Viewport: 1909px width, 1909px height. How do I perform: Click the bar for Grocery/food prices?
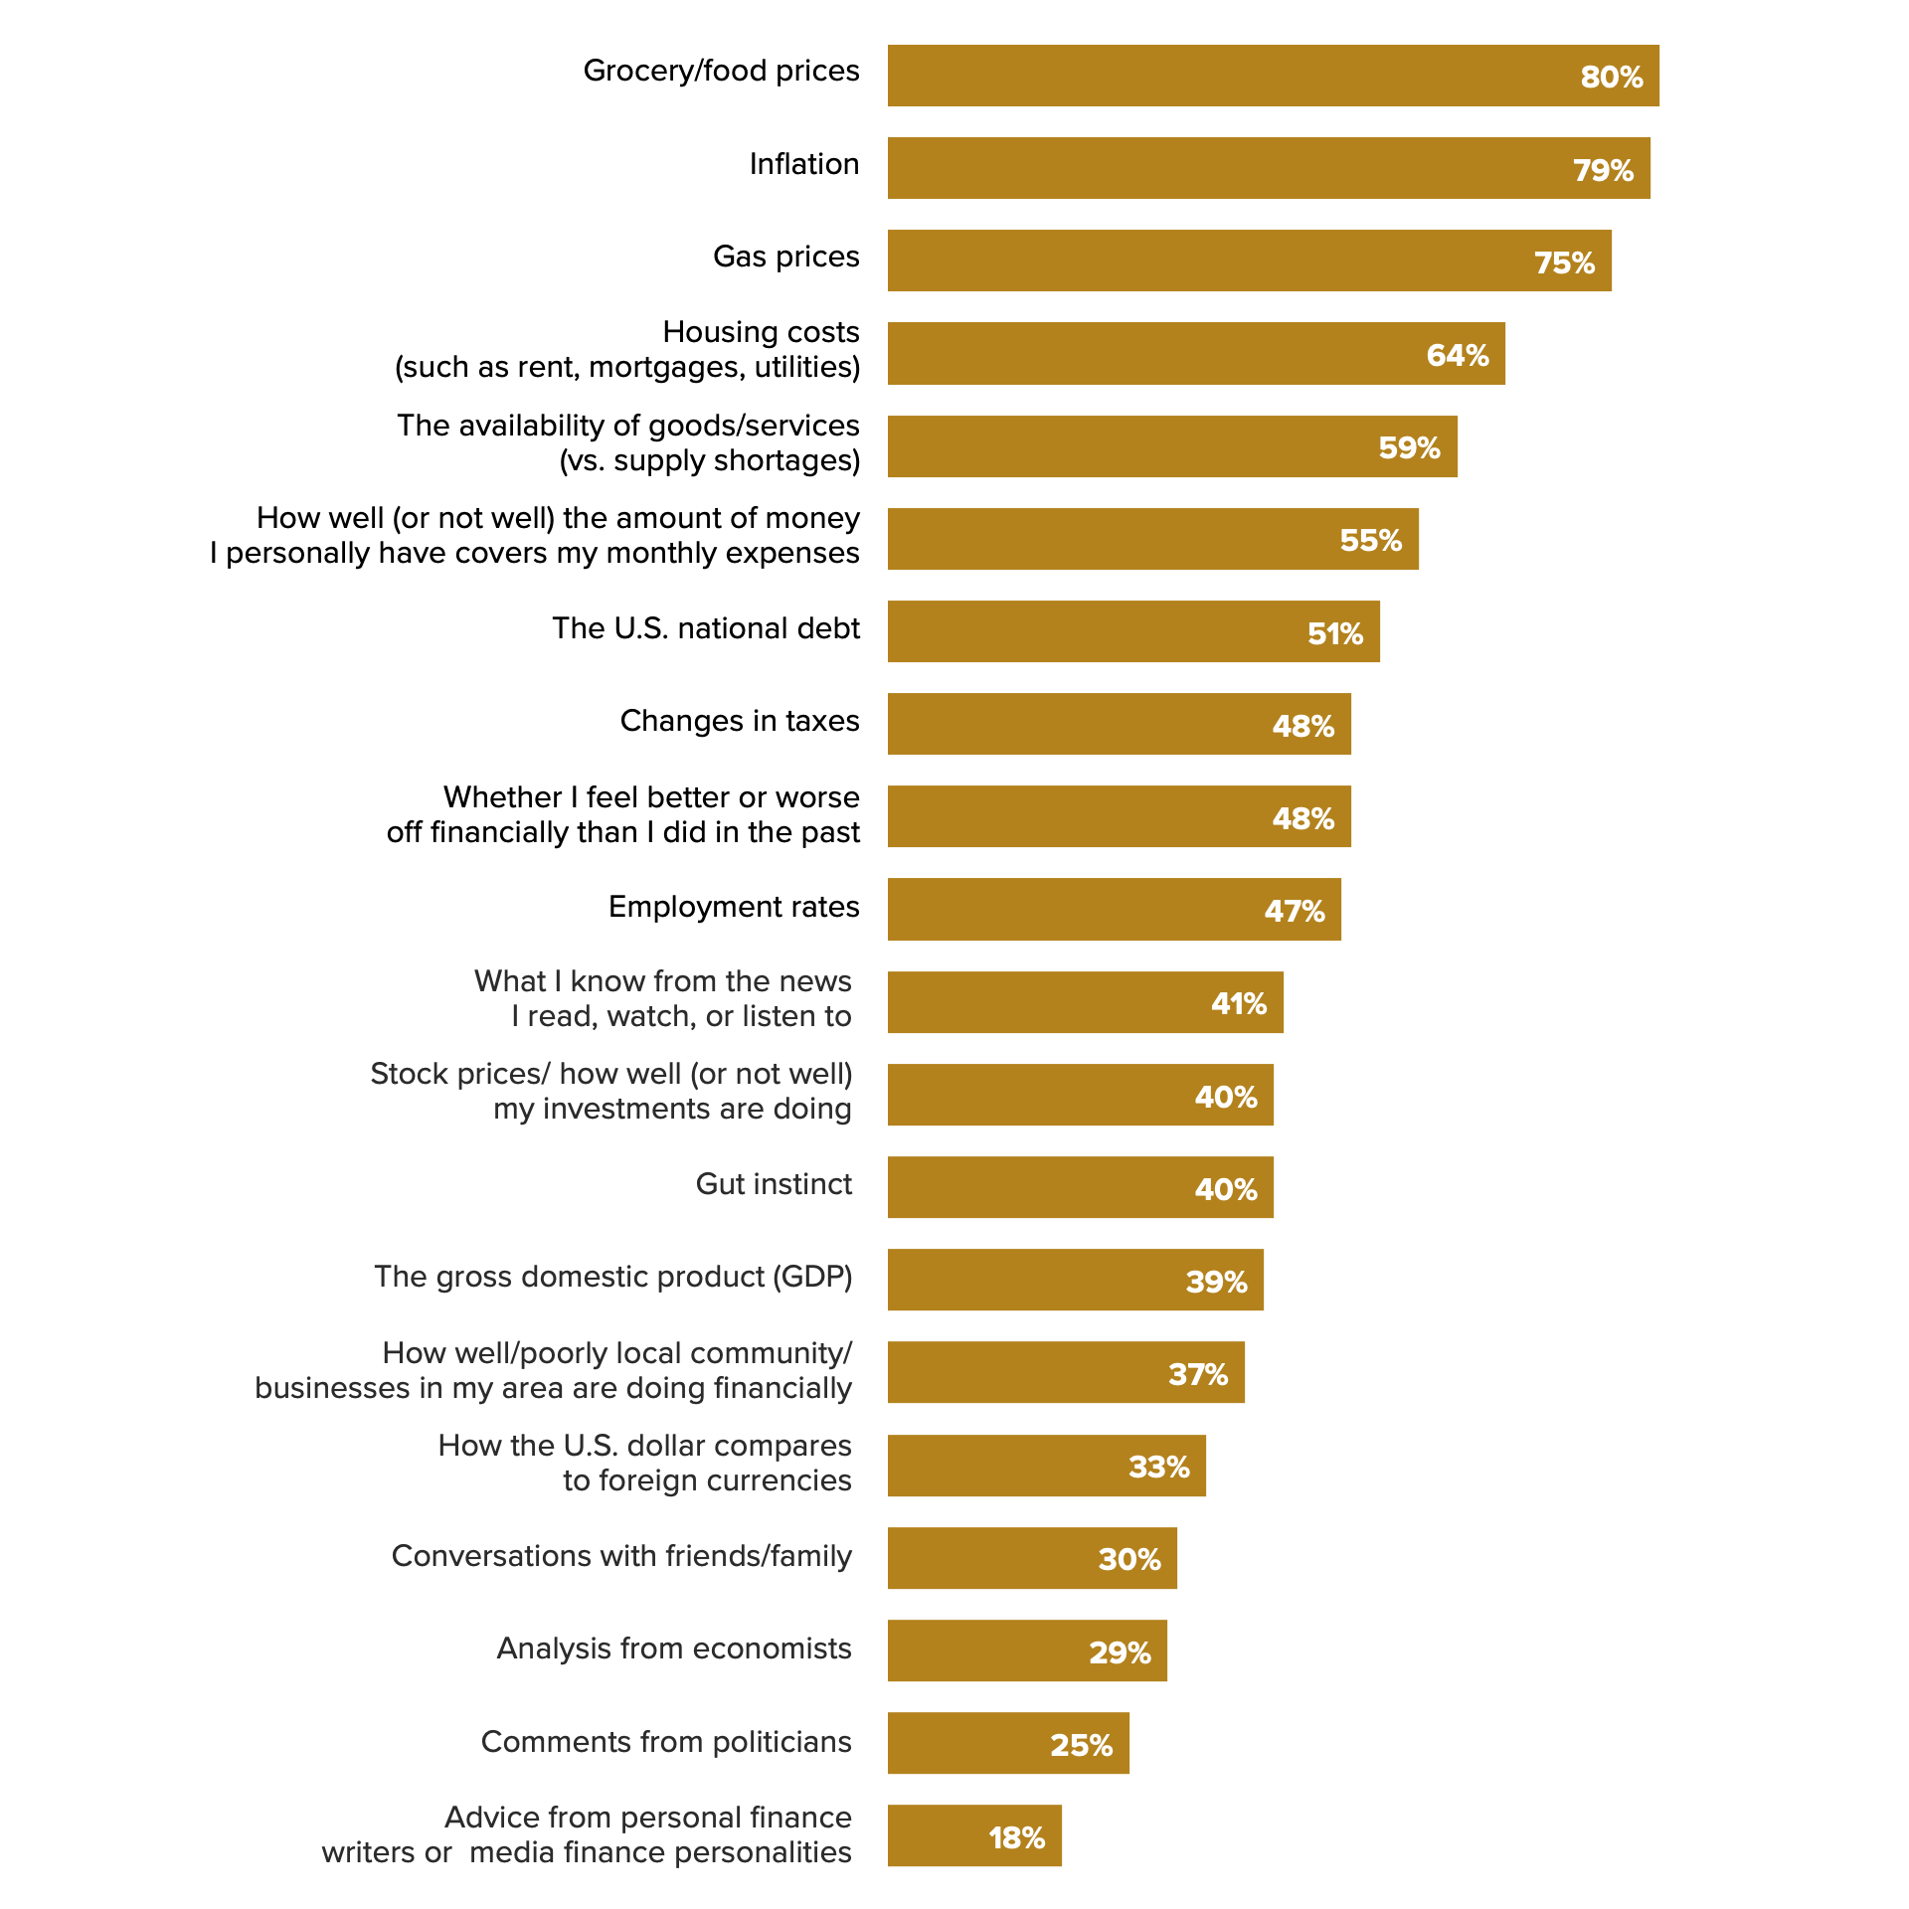click(1273, 76)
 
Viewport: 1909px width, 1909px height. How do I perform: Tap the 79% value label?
click(1603, 170)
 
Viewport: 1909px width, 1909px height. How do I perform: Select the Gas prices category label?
click(785, 257)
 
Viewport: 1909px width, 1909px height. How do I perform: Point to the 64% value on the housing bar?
click(1457, 355)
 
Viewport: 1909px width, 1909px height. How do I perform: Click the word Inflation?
click(803, 164)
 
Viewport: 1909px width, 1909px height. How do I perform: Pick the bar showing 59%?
click(1171, 446)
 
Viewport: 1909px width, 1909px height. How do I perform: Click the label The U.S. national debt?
click(706, 628)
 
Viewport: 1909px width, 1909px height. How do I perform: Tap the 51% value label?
click(1334, 633)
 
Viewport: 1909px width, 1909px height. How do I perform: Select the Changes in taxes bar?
click(1119, 724)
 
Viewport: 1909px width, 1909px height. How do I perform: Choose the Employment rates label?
click(734, 907)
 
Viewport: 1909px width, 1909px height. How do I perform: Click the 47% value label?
click(1294, 911)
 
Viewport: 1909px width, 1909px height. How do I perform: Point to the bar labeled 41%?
click(1085, 1002)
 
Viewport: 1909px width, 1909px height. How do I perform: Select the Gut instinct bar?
click(1080, 1187)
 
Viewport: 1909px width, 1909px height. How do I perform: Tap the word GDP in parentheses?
click(812, 1277)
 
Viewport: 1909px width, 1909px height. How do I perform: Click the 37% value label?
click(1198, 1374)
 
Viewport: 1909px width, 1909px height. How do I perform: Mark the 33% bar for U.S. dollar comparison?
click(1046, 1466)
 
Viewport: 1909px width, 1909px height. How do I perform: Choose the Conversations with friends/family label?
click(621, 1556)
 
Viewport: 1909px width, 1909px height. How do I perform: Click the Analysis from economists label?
click(674, 1649)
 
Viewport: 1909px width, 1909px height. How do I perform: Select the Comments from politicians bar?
click(1008, 1743)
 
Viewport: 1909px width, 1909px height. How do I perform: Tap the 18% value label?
click(1016, 1837)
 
